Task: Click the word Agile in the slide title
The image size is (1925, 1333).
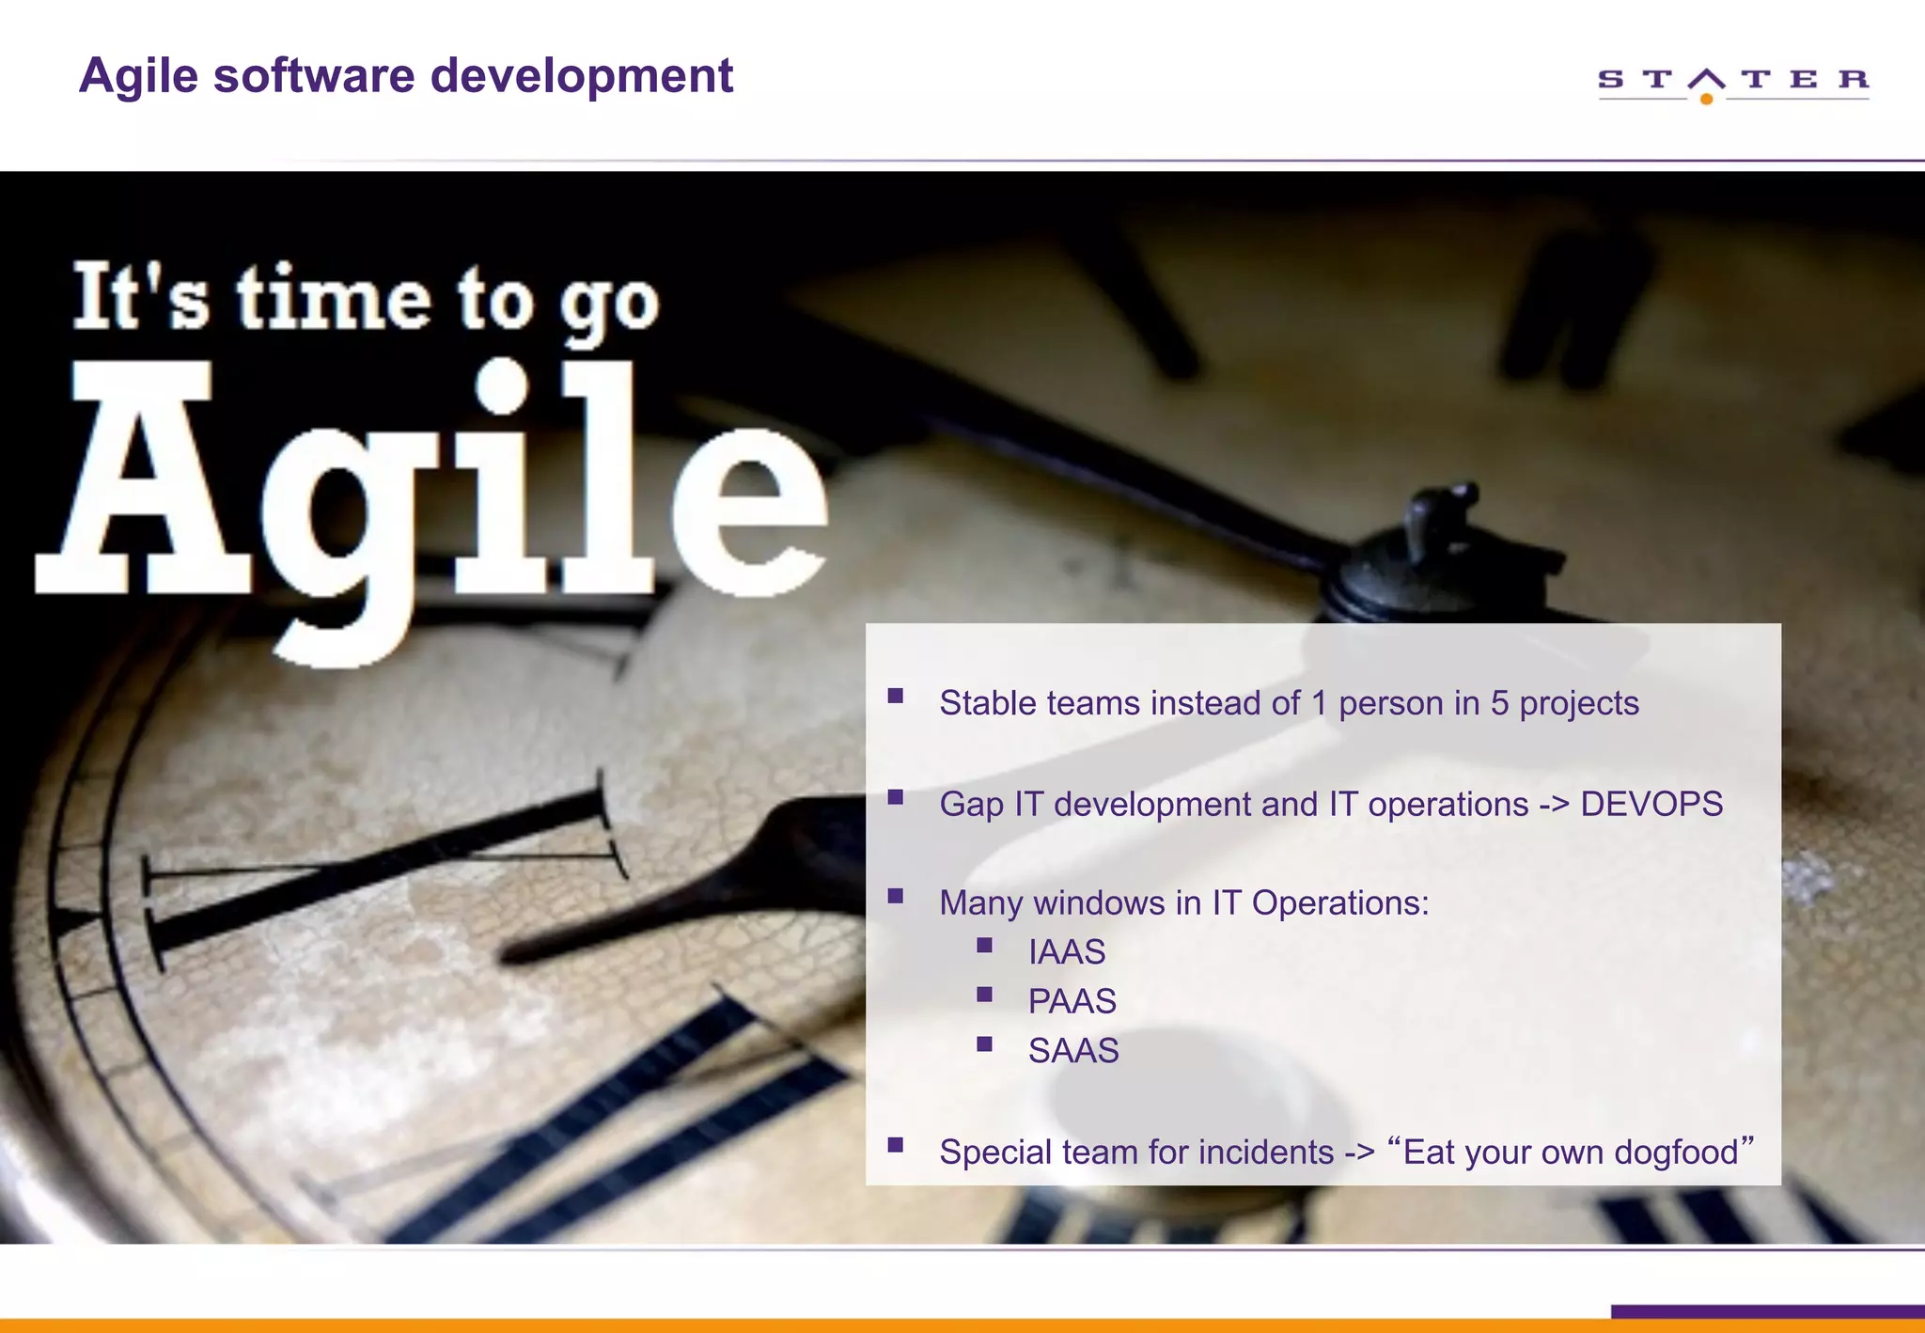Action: pos(138,76)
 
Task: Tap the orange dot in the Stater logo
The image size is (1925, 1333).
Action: pos(1706,99)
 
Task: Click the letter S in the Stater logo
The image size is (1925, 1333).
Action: pos(1610,79)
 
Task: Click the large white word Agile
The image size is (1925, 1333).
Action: pos(432,489)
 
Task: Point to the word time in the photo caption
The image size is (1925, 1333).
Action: pos(334,299)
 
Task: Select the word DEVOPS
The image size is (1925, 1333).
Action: pos(1651,805)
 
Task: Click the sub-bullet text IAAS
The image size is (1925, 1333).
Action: pos(1067,952)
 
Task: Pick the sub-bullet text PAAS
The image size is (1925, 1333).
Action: pos(1072,1001)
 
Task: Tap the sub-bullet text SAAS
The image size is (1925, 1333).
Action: pos(1073,1051)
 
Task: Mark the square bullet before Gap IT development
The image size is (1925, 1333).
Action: pos(895,798)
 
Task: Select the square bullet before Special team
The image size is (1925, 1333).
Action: pos(895,1145)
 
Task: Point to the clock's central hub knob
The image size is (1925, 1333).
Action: pos(1438,555)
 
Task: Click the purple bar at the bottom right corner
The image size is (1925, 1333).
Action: pos(1767,1311)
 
